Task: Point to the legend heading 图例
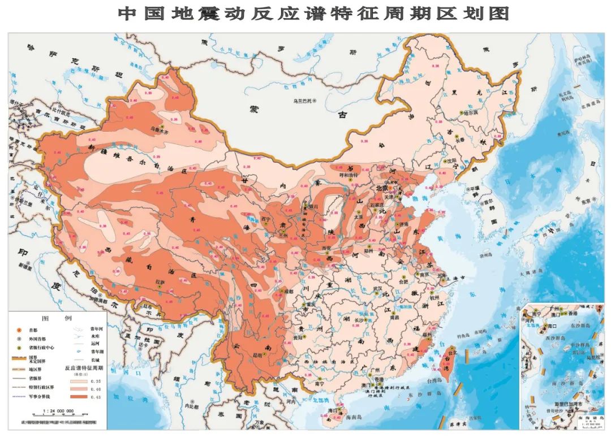coord(58,318)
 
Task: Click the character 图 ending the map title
coord(497,14)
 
